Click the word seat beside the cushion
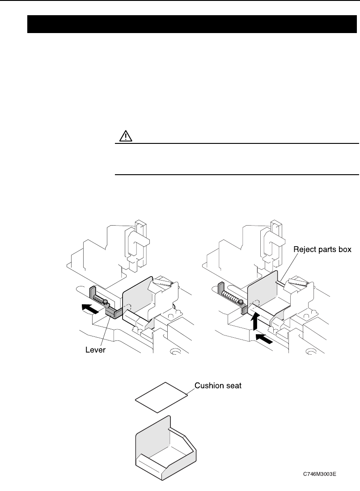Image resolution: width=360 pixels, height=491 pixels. (x=233, y=386)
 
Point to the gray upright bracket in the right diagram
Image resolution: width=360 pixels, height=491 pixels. (x=220, y=290)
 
